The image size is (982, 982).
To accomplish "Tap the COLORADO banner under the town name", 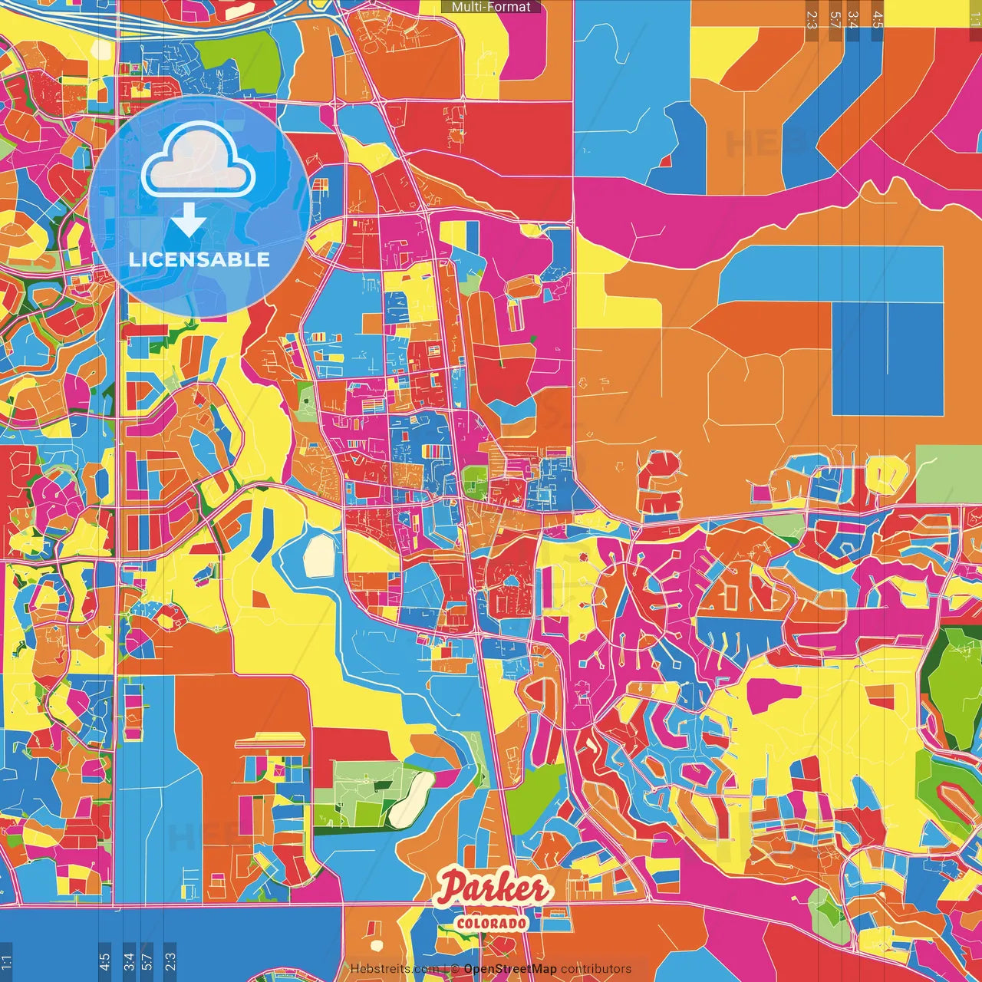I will coord(492,922).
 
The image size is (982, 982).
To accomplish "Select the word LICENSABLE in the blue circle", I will coord(199,259).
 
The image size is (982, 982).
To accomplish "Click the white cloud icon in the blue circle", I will coord(199,160).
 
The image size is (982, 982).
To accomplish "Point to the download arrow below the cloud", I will coord(188,219).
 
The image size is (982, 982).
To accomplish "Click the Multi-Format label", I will coord(491,7).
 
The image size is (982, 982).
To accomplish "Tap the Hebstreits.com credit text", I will coord(394,969).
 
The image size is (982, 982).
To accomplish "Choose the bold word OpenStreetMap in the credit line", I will coord(510,969).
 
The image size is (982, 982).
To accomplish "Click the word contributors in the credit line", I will coord(596,969).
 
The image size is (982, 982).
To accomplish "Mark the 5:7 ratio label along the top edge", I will coord(835,18).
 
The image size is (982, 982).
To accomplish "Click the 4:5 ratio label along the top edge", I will coord(878,18).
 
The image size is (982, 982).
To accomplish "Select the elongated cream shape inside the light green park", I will coord(411,799).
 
